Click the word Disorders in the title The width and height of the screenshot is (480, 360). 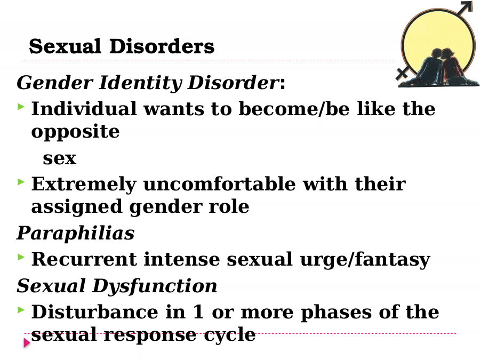(162, 46)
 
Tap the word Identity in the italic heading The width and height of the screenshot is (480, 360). (140, 83)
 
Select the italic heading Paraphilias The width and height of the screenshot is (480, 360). (76, 233)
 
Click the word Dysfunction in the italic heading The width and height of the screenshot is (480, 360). (155, 286)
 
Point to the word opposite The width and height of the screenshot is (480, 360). (75, 132)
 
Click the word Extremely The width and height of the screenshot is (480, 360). (84, 185)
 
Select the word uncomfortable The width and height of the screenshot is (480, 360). (220, 184)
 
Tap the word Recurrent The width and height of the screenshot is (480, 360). (84, 259)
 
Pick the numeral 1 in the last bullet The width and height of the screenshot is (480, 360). (198, 312)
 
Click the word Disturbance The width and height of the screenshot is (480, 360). (95, 312)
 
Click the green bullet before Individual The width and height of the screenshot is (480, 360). (21, 107)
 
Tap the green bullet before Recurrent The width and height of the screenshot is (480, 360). (21, 257)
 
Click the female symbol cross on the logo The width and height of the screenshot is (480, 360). (402, 74)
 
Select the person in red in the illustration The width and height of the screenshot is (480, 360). (453, 67)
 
